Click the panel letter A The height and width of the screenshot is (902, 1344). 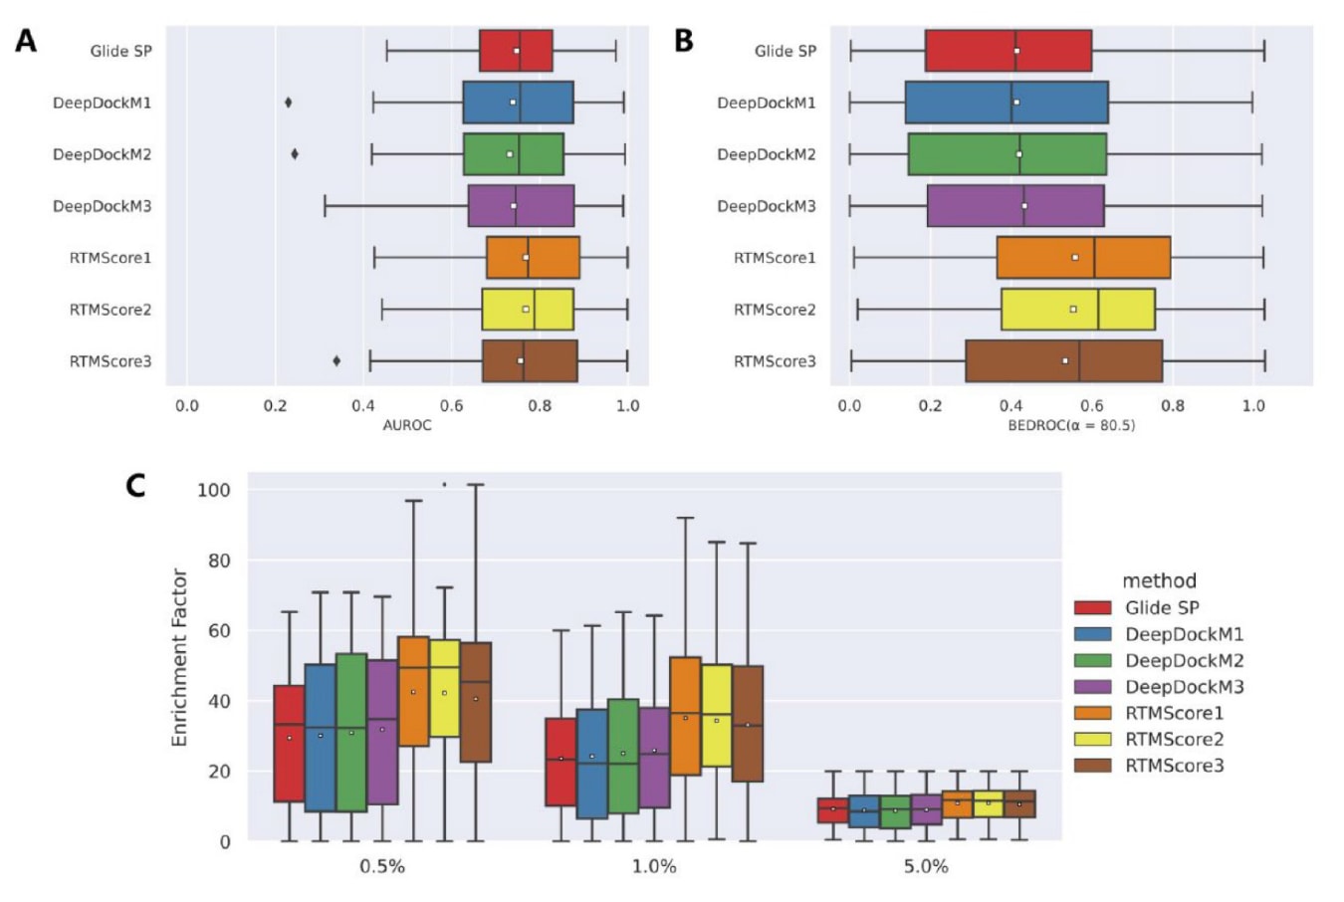pos(26,41)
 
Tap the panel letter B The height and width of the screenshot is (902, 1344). pos(683,41)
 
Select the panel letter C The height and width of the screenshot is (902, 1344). pos(135,485)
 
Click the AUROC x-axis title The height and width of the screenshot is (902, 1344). pos(407,425)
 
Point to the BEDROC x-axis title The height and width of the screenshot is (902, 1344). pos(1071,425)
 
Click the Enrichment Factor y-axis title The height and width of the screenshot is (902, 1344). pos(179,657)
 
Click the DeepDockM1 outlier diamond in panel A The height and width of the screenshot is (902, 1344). pos(289,103)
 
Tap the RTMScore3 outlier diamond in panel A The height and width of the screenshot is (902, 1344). pos(336,361)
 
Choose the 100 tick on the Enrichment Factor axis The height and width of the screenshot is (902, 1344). pos(214,490)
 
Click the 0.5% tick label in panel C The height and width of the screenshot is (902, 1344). pos(382,867)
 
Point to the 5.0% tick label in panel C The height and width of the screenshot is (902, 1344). pos(926,867)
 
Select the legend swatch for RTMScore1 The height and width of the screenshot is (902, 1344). pos(1092,713)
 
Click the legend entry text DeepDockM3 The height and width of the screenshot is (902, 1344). pos(1184,687)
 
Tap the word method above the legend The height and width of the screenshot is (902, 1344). pos(1159,580)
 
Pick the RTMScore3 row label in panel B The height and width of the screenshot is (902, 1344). pos(775,361)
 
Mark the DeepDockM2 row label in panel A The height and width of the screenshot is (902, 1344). pos(102,154)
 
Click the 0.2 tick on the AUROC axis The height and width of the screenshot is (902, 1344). pos(275,406)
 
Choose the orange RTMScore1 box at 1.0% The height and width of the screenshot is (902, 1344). pos(685,716)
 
